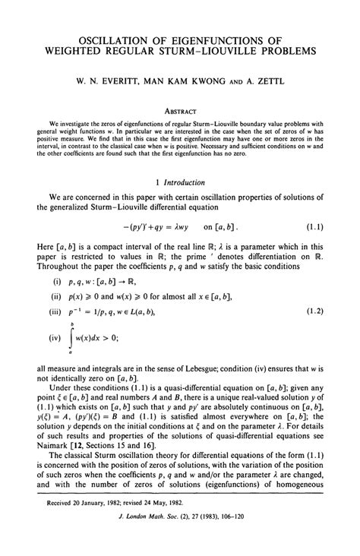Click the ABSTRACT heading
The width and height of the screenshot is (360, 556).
[x=180, y=109]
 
